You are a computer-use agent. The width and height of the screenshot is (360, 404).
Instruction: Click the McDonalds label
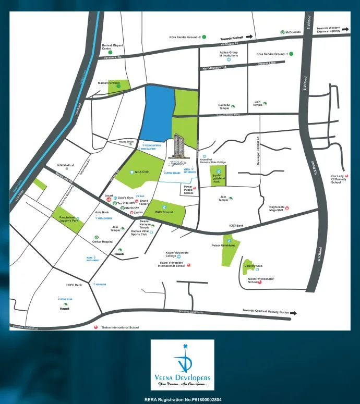point(293,32)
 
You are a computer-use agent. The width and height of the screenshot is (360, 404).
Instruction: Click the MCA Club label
point(142,171)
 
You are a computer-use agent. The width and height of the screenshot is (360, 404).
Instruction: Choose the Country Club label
point(253,266)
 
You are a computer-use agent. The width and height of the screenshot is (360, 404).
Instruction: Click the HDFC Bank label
point(75,285)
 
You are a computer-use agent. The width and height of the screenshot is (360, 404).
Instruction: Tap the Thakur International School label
point(119,327)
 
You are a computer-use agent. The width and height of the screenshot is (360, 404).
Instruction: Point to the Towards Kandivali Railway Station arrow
point(293,313)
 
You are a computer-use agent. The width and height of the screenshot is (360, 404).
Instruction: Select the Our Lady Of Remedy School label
point(336,179)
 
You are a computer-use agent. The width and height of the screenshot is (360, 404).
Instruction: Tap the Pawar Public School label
point(188,189)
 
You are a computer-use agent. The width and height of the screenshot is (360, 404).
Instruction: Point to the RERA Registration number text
point(183,399)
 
